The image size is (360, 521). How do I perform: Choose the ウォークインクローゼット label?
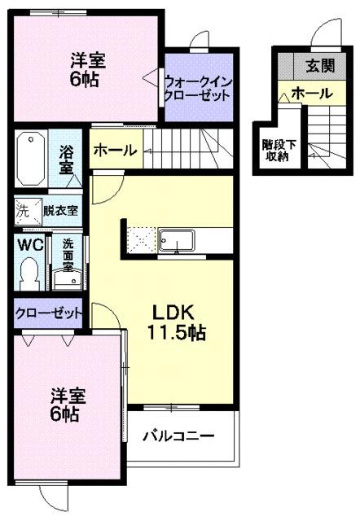(199, 87)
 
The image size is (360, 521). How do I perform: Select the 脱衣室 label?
(60, 210)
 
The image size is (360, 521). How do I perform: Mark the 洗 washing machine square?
(23, 210)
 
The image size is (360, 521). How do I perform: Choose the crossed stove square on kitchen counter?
(140, 240)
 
